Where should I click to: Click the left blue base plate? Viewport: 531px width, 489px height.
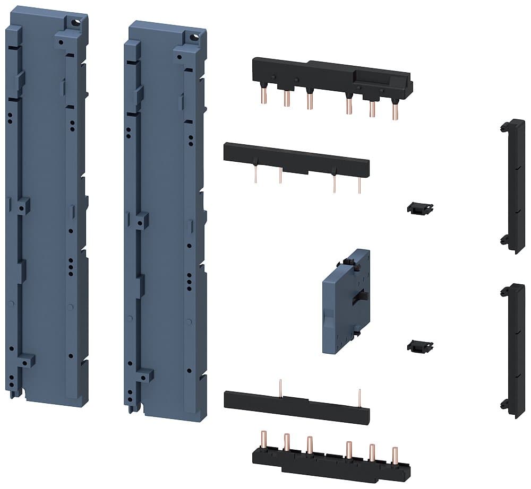click(x=45, y=212)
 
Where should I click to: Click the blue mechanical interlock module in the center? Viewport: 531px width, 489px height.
click(x=346, y=302)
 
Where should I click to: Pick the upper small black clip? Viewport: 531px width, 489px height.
click(x=420, y=208)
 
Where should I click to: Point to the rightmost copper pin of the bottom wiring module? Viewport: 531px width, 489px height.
click(x=395, y=456)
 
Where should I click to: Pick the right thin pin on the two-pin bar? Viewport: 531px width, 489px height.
click(x=360, y=397)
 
